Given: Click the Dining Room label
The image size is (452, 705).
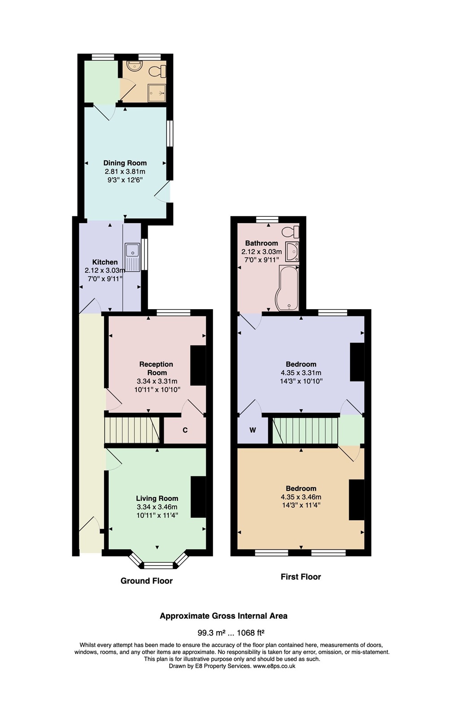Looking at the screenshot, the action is click(x=125, y=163).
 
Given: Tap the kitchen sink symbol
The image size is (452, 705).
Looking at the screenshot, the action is click(x=133, y=257).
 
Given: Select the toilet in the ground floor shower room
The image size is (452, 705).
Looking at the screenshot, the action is click(x=158, y=71).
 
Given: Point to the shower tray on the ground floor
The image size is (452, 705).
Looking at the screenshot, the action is click(x=157, y=92).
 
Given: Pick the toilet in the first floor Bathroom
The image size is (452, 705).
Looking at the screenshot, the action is click(x=290, y=232).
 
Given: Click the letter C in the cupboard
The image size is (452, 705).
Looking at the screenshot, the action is click(x=185, y=430).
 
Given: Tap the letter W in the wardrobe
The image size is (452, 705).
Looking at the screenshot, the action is click(x=253, y=430).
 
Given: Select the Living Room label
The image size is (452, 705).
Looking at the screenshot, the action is click(x=157, y=498).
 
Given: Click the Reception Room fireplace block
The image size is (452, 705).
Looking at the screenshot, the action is click(x=198, y=365).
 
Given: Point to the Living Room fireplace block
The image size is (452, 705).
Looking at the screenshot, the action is click(x=198, y=497).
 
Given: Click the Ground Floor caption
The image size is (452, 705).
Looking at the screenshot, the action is click(x=147, y=581).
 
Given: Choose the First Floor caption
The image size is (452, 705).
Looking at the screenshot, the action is click(x=301, y=577).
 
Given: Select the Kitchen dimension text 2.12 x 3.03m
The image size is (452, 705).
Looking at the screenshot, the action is click(x=105, y=270).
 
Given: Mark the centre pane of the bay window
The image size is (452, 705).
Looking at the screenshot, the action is click(x=158, y=566).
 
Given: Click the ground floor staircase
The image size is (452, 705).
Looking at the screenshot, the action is click(x=132, y=429).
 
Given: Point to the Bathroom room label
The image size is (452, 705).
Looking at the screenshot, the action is click(x=261, y=243).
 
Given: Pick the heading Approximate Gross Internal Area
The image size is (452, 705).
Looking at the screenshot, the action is click(x=224, y=616).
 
